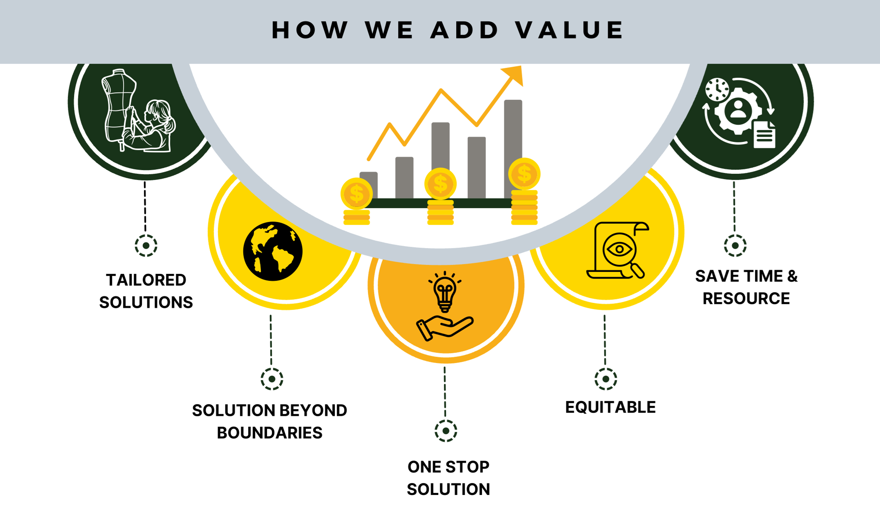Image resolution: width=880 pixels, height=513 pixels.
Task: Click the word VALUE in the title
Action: (569, 30)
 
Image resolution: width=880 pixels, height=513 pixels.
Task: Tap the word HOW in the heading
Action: (310, 30)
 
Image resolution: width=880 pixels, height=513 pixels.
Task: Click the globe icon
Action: (273, 251)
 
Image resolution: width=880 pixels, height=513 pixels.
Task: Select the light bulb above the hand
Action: (445, 292)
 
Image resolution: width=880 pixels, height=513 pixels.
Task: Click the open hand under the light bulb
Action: (445, 328)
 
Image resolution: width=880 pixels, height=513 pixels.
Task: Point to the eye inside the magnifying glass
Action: (619, 249)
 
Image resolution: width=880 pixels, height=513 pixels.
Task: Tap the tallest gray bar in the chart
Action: (513, 148)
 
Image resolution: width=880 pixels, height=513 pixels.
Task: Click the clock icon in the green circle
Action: (717, 90)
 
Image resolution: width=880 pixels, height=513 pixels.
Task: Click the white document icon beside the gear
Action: (764, 134)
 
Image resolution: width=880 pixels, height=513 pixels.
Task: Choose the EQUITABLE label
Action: (610, 407)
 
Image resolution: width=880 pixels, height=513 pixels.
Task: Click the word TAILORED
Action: (146, 280)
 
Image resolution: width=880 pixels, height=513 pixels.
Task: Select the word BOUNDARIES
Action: (269, 433)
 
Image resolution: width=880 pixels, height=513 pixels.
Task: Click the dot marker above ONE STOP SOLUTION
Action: (446, 431)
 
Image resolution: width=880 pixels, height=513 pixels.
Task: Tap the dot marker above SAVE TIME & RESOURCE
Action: (735, 245)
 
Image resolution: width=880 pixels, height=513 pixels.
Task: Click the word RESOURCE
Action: (746, 299)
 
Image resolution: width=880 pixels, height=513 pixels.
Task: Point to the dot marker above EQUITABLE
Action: (606, 379)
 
